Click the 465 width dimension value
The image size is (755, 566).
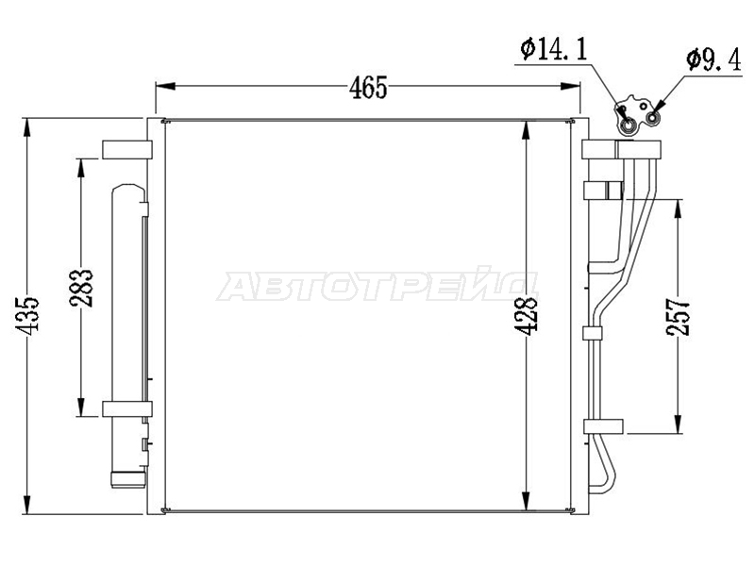(368, 88)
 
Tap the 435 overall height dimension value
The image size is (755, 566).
(27, 315)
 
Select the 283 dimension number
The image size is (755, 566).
(81, 289)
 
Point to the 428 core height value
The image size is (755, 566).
(526, 315)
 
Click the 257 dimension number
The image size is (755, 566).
(678, 317)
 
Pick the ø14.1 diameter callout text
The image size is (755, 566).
(554, 50)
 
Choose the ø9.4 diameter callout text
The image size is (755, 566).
(714, 60)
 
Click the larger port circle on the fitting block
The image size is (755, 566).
(628, 126)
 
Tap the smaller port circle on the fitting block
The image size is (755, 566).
(653, 118)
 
